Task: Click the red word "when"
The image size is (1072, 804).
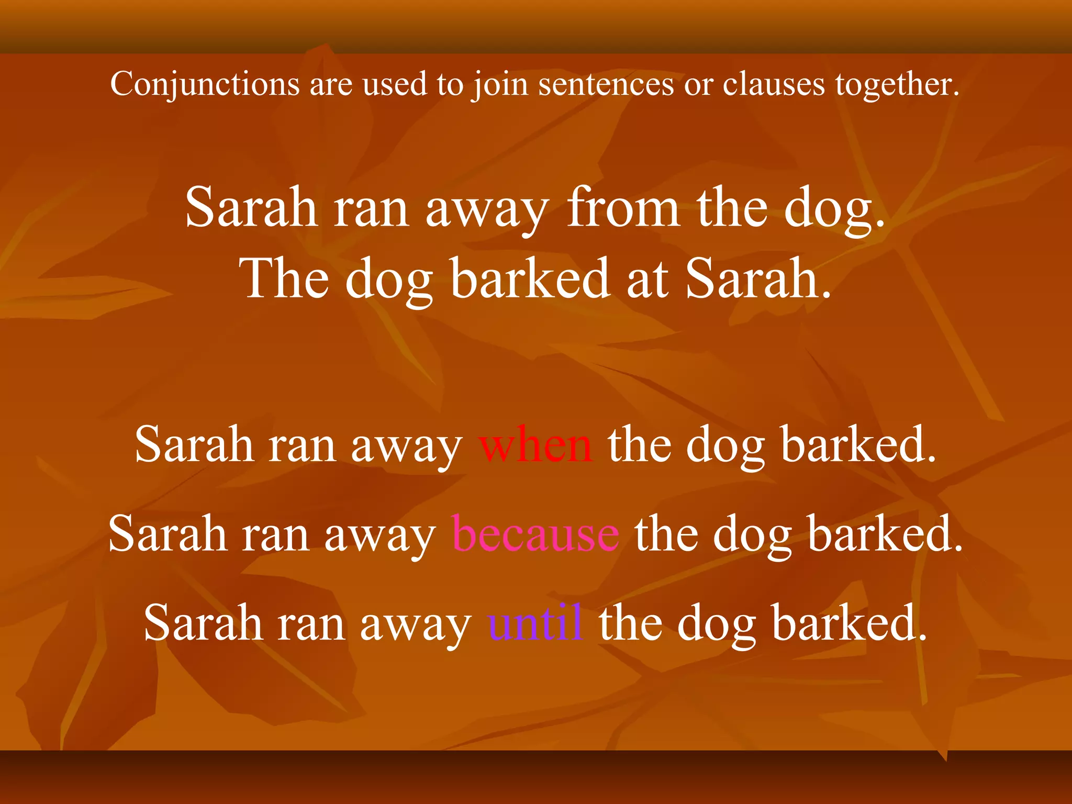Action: (535, 445)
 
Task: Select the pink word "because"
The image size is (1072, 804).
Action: (535, 534)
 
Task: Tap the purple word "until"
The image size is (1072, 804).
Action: (535, 623)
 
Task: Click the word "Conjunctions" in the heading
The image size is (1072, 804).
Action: (205, 84)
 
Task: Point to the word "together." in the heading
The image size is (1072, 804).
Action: (897, 84)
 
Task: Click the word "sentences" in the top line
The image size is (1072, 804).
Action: (606, 84)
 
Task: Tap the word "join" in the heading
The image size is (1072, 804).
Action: (499, 84)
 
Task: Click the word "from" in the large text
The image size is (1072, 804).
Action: (623, 208)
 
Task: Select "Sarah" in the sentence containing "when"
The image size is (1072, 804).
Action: (194, 445)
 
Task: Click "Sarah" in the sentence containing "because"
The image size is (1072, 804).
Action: (167, 534)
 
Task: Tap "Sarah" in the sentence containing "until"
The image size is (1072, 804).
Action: (203, 623)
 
